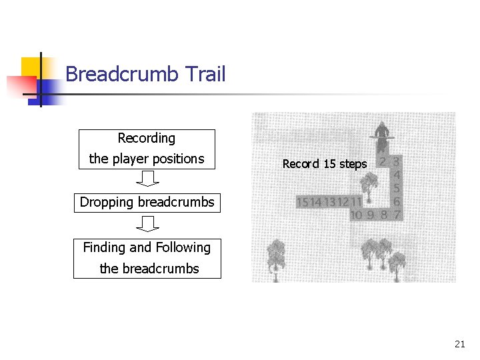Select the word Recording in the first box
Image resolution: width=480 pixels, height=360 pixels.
point(146,139)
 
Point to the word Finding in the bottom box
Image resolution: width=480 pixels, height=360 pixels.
point(104,248)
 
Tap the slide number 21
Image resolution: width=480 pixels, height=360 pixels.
point(459,344)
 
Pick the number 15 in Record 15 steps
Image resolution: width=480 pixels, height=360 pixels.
point(329,164)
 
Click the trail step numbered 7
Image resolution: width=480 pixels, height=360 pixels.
point(397,215)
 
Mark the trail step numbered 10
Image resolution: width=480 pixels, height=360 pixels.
point(356,215)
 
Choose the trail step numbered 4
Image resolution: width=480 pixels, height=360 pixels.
point(397,175)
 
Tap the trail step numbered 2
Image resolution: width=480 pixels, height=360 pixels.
point(383,161)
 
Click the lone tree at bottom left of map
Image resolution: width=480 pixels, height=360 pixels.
point(275,256)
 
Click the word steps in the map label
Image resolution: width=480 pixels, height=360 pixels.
point(353,164)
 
